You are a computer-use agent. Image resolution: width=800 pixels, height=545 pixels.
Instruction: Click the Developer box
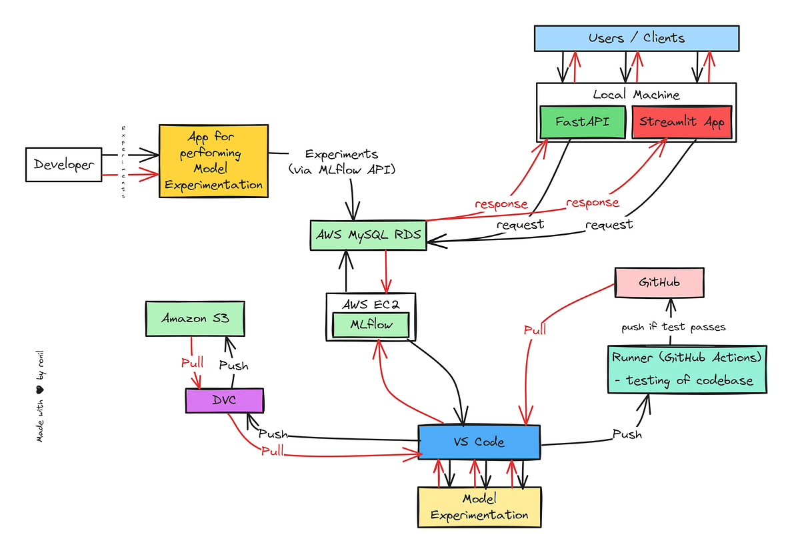(63, 165)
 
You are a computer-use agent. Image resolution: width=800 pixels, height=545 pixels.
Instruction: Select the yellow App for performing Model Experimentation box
(213, 161)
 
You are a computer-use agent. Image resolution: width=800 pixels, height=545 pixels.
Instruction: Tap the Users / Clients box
(637, 38)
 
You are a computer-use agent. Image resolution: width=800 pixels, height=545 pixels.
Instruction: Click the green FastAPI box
(583, 122)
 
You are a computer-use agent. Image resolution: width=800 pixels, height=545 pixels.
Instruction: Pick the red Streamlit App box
(681, 122)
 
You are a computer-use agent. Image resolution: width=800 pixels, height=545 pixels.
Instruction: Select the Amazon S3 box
(195, 319)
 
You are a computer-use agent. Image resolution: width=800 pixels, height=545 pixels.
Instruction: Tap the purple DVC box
(225, 400)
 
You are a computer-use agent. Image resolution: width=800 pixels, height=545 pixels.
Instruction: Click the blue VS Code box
(479, 442)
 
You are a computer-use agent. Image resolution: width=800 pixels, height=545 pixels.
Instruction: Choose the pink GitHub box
(659, 282)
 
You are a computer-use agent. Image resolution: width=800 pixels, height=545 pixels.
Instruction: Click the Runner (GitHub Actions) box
(687, 369)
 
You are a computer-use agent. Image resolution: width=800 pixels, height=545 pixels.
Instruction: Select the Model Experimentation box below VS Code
(479, 507)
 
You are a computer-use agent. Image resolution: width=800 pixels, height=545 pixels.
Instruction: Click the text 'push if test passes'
(673, 327)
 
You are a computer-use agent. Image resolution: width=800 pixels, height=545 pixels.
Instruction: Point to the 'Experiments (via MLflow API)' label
(342, 162)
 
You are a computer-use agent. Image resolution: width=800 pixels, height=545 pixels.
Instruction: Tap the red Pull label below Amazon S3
(193, 364)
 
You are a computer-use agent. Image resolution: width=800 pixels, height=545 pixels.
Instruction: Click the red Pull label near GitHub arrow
(535, 330)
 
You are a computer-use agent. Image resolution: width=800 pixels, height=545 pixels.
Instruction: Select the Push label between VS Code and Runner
(627, 434)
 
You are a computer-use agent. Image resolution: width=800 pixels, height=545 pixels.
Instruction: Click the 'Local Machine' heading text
(636, 95)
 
